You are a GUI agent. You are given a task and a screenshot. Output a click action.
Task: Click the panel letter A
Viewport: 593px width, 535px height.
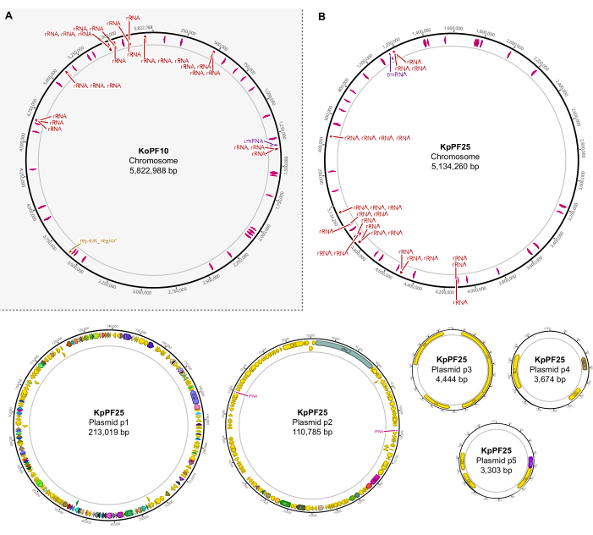(x=8, y=16)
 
